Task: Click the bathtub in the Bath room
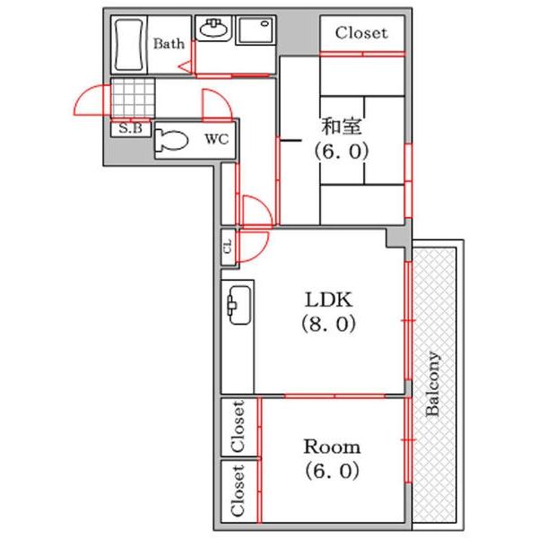click(128, 45)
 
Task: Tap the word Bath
click(169, 44)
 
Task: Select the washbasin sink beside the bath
click(214, 28)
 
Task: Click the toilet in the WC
click(171, 140)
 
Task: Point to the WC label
click(217, 139)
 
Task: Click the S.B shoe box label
click(130, 128)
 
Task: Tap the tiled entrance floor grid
click(133, 98)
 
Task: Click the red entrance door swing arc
click(90, 100)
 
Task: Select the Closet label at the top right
click(361, 33)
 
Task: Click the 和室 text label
click(341, 126)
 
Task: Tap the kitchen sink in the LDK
click(239, 305)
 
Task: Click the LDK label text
click(328, 299)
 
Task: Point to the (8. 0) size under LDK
click(328, 324)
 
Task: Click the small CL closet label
click(228, 247)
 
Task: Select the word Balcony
click(432, 384)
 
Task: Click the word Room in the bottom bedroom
click(332, 447)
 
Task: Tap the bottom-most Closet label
click(238, 490)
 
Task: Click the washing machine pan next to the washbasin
click(256, 30)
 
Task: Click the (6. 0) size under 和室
click(342, 151)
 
